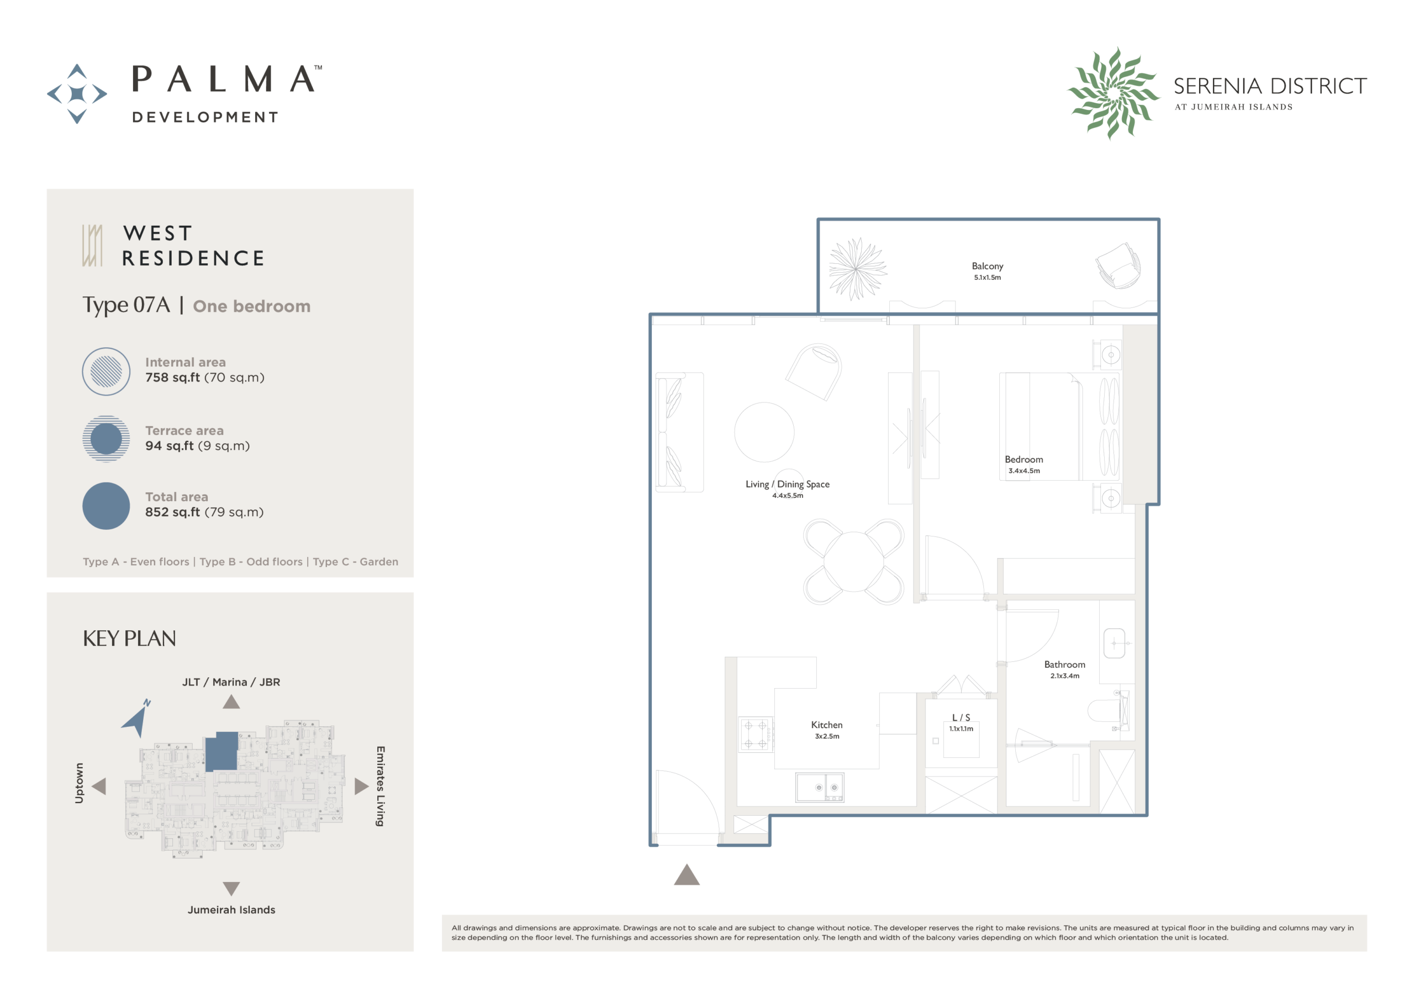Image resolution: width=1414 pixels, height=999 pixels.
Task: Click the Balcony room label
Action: tap(987, 266)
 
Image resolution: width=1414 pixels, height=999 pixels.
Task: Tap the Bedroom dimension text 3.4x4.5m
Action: tap(1024, 471)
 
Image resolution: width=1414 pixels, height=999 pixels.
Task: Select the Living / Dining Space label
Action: tap(787, 485)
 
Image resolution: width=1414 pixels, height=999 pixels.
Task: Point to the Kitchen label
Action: tap(826, 725)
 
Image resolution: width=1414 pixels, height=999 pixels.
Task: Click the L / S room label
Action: tap(961, 718)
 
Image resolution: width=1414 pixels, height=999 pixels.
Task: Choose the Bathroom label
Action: tap(1064, 665)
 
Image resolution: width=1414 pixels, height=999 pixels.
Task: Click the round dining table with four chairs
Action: tap(853, 562)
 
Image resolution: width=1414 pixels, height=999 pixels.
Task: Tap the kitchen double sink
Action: tap(819, 787)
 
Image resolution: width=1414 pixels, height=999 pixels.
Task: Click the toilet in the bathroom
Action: tap(1108, 711)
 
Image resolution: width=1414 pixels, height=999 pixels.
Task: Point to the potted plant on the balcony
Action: tap(857, 269)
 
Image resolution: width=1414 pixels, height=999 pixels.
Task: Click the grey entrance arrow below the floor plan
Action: tap(687, 875)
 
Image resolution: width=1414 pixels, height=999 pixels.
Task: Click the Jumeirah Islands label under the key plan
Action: tap(231, 910)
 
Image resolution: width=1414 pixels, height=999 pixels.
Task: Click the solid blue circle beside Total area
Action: tap(106, 506)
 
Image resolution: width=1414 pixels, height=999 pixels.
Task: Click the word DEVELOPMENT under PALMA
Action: tap(205, 117)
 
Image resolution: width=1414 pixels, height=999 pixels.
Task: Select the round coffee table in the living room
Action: tap(764, 432)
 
